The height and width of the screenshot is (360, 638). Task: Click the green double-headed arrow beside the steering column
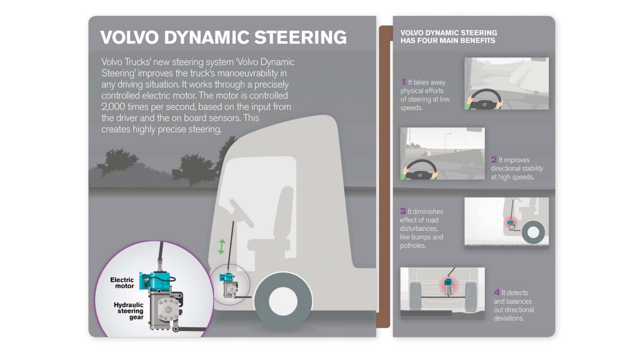[x=222, y=247]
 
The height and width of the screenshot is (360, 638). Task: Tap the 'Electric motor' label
[x=122, y=283]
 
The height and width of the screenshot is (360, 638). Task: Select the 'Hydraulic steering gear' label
[x=129, y=311]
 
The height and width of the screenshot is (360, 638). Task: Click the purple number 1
[x=403, y=82]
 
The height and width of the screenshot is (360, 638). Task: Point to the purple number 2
[x=494, y=159]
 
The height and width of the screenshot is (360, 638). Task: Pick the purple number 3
[x=403, y=211]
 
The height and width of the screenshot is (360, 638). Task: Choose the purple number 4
[x=497, y=292]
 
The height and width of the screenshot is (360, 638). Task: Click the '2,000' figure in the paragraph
[x=113, y=107]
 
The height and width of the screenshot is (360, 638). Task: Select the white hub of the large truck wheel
[x=283, y=301]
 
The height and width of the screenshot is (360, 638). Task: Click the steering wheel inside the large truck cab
[x=241, y=213]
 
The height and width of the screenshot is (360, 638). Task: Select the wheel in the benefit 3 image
[x=533, y=232]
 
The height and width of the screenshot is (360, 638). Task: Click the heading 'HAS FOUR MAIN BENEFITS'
[x=447, y=41]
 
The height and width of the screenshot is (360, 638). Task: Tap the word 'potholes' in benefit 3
[x=412, y=246]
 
